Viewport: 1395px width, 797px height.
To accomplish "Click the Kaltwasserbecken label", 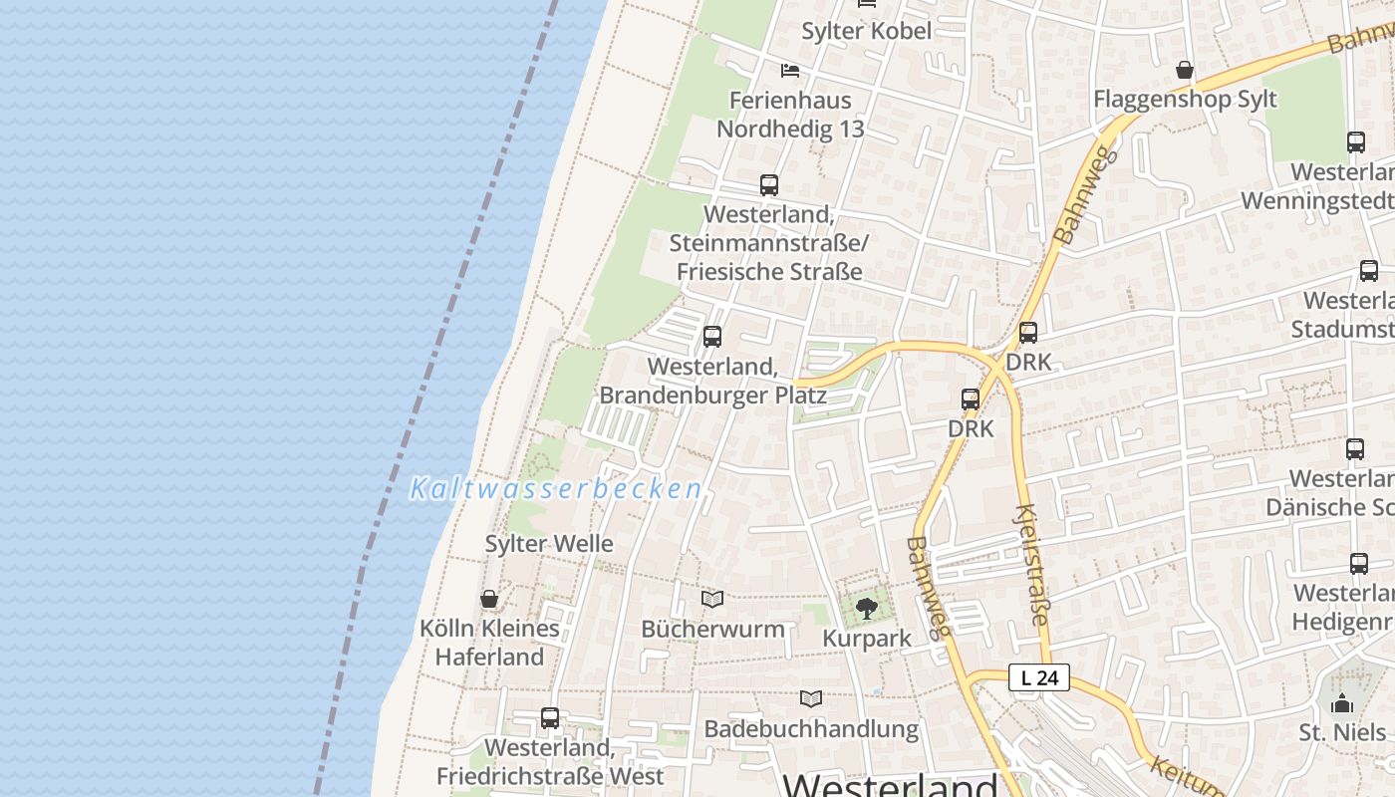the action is tap(556, 489).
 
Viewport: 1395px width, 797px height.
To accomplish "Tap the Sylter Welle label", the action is tap(548, 544).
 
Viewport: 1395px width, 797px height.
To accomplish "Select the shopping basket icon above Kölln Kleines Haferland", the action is tap(489, 599).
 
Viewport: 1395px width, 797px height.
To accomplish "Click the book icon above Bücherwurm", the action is tap(711, 599).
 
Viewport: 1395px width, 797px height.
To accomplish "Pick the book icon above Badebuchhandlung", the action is tap(811, 698).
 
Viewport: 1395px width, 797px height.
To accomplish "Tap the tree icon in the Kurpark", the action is tap(866, 607).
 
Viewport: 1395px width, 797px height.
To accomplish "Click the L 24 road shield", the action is tap(1038, 678).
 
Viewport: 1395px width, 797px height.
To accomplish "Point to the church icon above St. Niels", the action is tap(1342, 703).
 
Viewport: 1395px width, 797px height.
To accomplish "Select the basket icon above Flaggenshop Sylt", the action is tap(1185, 70).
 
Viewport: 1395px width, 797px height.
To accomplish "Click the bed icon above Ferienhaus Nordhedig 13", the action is tap(790, 71).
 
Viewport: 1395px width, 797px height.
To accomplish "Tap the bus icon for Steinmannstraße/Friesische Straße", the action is tap(768, 184).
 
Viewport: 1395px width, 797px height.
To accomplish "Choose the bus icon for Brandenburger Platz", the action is tap(711, 337).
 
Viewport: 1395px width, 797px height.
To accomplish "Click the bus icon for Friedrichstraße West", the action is tap(549, 717).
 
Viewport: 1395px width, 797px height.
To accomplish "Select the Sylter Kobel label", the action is tap(867, 31).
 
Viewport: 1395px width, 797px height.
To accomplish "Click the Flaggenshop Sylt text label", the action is tap(1185, 100).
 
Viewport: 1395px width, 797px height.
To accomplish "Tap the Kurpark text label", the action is tap(866, 639).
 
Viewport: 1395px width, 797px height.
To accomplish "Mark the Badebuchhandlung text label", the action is tap(811, 729).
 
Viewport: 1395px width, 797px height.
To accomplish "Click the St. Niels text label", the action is tap(1342, 733).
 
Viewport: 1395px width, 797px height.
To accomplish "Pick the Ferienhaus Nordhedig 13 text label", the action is tap(790, 115).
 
